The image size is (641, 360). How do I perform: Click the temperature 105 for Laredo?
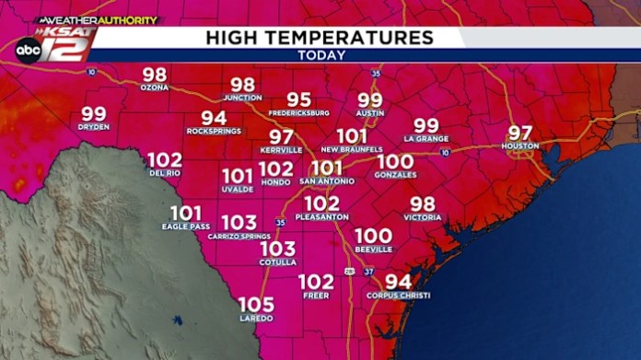(256, 305)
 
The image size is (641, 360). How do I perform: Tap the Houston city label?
(519, 146)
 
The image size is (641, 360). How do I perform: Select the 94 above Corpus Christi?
(398, 282)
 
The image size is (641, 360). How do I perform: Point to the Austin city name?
(369, 113)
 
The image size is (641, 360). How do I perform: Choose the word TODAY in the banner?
(321, 55)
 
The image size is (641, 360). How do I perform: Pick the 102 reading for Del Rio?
(165, 158)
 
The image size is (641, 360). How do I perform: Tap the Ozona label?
(154, 87)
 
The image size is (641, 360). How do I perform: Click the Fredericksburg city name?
(298, 113)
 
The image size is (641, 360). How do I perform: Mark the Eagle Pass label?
(185, 226)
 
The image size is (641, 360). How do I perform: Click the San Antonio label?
(326, 181)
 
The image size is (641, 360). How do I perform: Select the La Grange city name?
(425, 138)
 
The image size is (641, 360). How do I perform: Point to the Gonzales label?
(395, 174)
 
